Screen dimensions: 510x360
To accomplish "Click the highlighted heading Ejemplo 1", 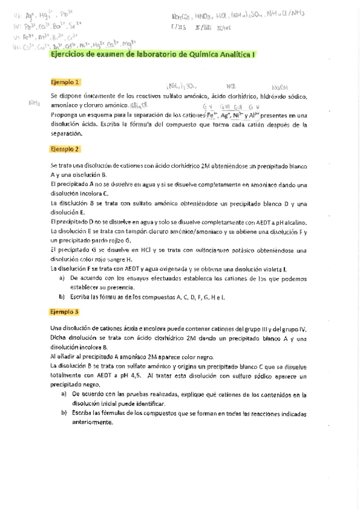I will coord(66,82).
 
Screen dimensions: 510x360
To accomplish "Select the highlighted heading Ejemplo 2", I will coord(66,149).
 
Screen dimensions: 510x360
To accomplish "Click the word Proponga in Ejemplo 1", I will coord(65,114).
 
